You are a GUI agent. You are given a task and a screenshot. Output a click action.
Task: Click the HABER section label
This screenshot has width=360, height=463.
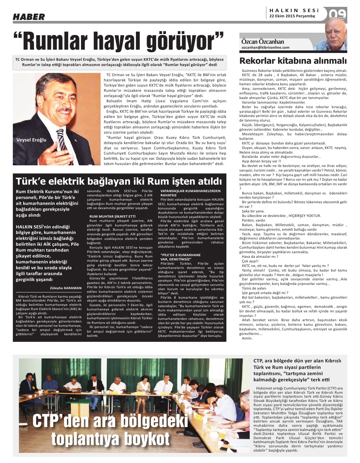29,17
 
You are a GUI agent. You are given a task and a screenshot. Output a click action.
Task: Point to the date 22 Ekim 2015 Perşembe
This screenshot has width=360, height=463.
292,16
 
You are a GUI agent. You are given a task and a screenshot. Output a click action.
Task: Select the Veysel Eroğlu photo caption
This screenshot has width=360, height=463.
31,140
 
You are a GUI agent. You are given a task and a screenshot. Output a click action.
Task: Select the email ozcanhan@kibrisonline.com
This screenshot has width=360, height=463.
265,47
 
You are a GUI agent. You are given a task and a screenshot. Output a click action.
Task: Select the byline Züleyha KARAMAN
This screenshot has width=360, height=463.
66,288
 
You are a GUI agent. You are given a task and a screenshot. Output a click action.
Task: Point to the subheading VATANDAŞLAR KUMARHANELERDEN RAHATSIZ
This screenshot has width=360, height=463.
190,193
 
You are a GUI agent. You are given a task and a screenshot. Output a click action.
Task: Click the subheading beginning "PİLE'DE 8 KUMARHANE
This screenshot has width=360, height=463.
180,257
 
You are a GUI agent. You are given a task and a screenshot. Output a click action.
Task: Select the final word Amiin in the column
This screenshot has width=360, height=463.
247,338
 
